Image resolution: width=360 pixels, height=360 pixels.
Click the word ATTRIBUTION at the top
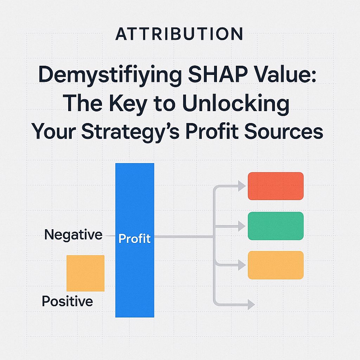(x=179, y=34)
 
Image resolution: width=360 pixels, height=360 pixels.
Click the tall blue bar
(x=135, y=197)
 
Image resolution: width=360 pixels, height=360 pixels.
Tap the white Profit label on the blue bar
(x=135, y=239)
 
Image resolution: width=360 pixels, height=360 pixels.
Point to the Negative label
(x=73, y=235)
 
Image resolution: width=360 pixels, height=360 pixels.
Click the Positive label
(x=67, y=301)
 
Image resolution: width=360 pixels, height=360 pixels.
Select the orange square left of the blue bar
(x=85, y=273)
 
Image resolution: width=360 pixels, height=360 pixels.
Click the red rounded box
(x=276, y=186)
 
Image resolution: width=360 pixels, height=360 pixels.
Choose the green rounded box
(x=276, y=226)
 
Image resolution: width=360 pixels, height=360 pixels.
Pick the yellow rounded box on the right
(x=276, y=265)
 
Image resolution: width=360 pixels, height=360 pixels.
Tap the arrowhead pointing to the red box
(x=242, y=186)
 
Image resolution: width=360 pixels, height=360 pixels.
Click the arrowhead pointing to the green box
(x=242, y=226)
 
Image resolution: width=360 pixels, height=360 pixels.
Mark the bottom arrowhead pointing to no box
(x=251, y=304)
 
